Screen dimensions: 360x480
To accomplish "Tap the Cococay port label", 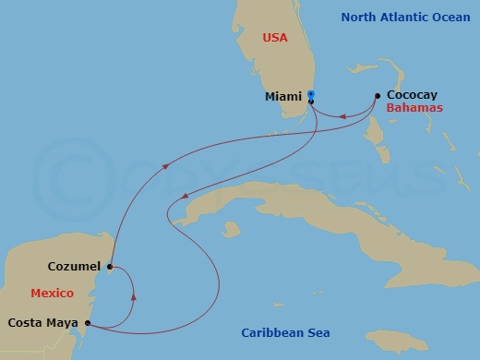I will (413, 95).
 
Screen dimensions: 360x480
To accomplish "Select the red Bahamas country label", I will (414, 108).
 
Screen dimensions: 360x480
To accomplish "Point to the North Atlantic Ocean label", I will (405, 17).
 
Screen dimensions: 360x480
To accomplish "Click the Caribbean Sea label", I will (285, 332).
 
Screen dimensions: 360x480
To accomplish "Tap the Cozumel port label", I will (75, 267).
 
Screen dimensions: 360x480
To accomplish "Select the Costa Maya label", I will (43, 323).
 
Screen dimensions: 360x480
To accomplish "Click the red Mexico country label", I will (52, 293).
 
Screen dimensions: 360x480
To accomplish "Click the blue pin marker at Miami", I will (311, 94).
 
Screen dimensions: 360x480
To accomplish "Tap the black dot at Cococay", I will (378, 95).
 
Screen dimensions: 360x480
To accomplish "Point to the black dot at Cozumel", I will (110, 266).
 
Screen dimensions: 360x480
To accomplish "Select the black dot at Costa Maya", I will (88, 323).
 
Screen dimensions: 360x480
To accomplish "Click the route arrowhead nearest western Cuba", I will (186, 196).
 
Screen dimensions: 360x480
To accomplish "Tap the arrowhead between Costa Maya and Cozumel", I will (135, 297).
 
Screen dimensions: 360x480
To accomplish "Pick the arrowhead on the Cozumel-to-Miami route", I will (166, 167).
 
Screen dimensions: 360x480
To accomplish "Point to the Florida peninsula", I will (277, 65).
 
